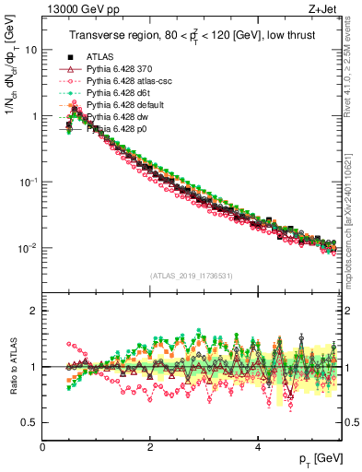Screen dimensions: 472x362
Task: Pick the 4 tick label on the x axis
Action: (257, 445)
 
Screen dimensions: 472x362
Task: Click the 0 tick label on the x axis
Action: (42, 445)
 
